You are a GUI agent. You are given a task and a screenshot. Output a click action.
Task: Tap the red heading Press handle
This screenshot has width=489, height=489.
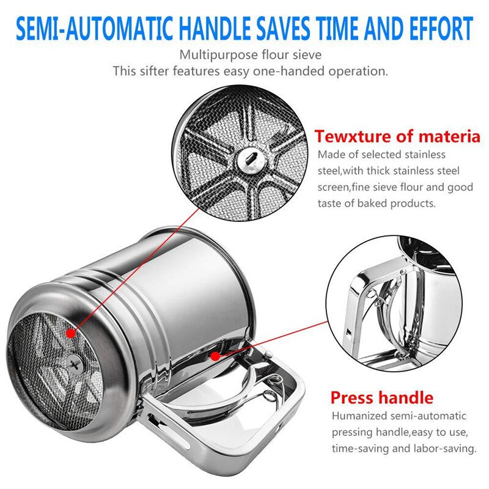[x=381, y=398]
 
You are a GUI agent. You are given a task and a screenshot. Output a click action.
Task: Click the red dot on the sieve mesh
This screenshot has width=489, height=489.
[x=71, y=333]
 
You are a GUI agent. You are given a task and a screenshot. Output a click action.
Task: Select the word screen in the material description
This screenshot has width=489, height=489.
[x=334, y=187]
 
